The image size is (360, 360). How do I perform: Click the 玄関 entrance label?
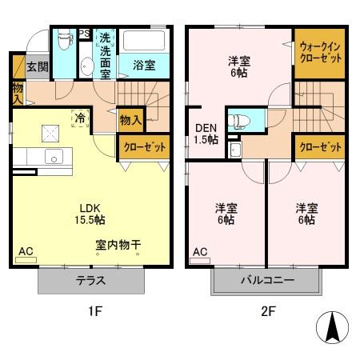click(x=36, y=66)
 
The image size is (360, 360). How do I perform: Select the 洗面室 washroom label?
click(x=105, y=55)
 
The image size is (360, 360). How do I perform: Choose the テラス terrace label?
click(x=92, y=281)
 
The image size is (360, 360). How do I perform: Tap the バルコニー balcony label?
click(x=266, y=281)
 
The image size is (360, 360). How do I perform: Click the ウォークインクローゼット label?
click(x=319, y=54)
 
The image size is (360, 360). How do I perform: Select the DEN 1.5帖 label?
click(x=205, y=133)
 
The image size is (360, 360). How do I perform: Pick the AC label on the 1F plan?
click(x=26, y=251)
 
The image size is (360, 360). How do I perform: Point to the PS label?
click(x=83, y=34)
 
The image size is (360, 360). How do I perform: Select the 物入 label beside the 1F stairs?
click(x=130, y=121)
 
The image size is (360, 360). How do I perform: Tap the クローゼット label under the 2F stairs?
click(x=319, y=147)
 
